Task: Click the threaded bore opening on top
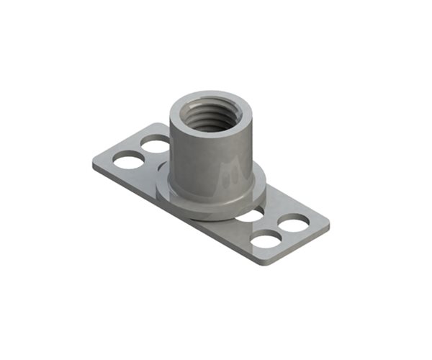click(x=211, y=115)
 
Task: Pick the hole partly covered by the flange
click(x=250, y=215)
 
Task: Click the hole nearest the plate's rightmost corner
click(x=294, y=223)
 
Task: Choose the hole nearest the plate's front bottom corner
click(x=267, y=239)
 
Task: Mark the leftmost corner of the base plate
click(x=94, y=163)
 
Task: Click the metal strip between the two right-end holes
click(x=281, y=231)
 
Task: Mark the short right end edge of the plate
click(x=299, y=246)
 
